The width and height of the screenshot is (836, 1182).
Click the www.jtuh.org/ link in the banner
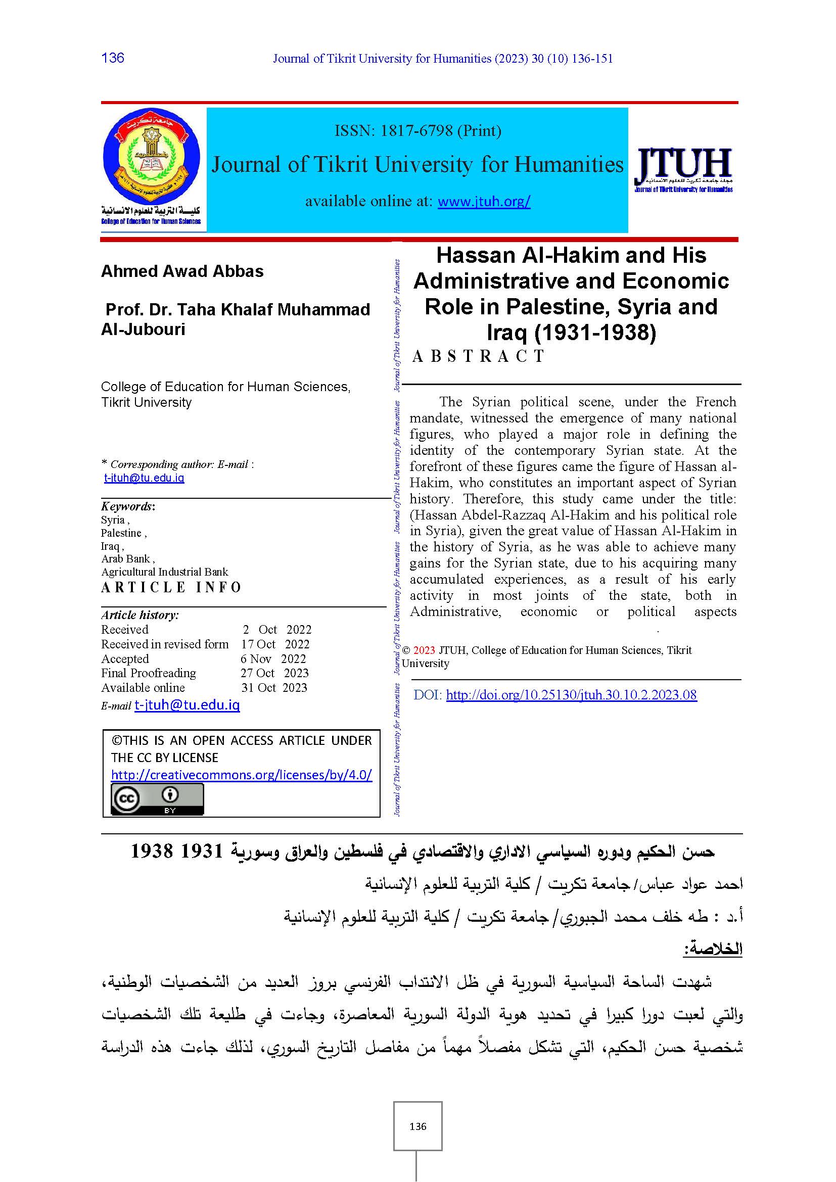point(483,201)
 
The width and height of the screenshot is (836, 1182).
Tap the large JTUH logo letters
point(684,163)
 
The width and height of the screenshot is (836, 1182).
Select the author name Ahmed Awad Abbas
point(182,271)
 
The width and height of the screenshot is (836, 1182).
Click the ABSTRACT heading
point(478,356)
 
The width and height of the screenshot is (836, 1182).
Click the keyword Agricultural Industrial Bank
point(165,572)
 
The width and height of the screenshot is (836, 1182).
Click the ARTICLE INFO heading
point(171,587)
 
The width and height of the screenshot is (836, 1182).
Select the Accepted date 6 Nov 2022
point(273,659)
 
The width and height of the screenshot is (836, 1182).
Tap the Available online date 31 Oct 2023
point(274,688)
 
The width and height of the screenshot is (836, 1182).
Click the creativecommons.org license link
point(242,775)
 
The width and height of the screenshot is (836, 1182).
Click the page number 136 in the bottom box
point(417,1127)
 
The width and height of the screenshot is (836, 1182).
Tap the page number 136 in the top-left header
point(113,58)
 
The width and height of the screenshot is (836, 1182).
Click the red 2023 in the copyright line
point(424,650)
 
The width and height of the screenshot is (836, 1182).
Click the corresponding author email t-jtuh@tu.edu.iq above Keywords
point(144,478)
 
